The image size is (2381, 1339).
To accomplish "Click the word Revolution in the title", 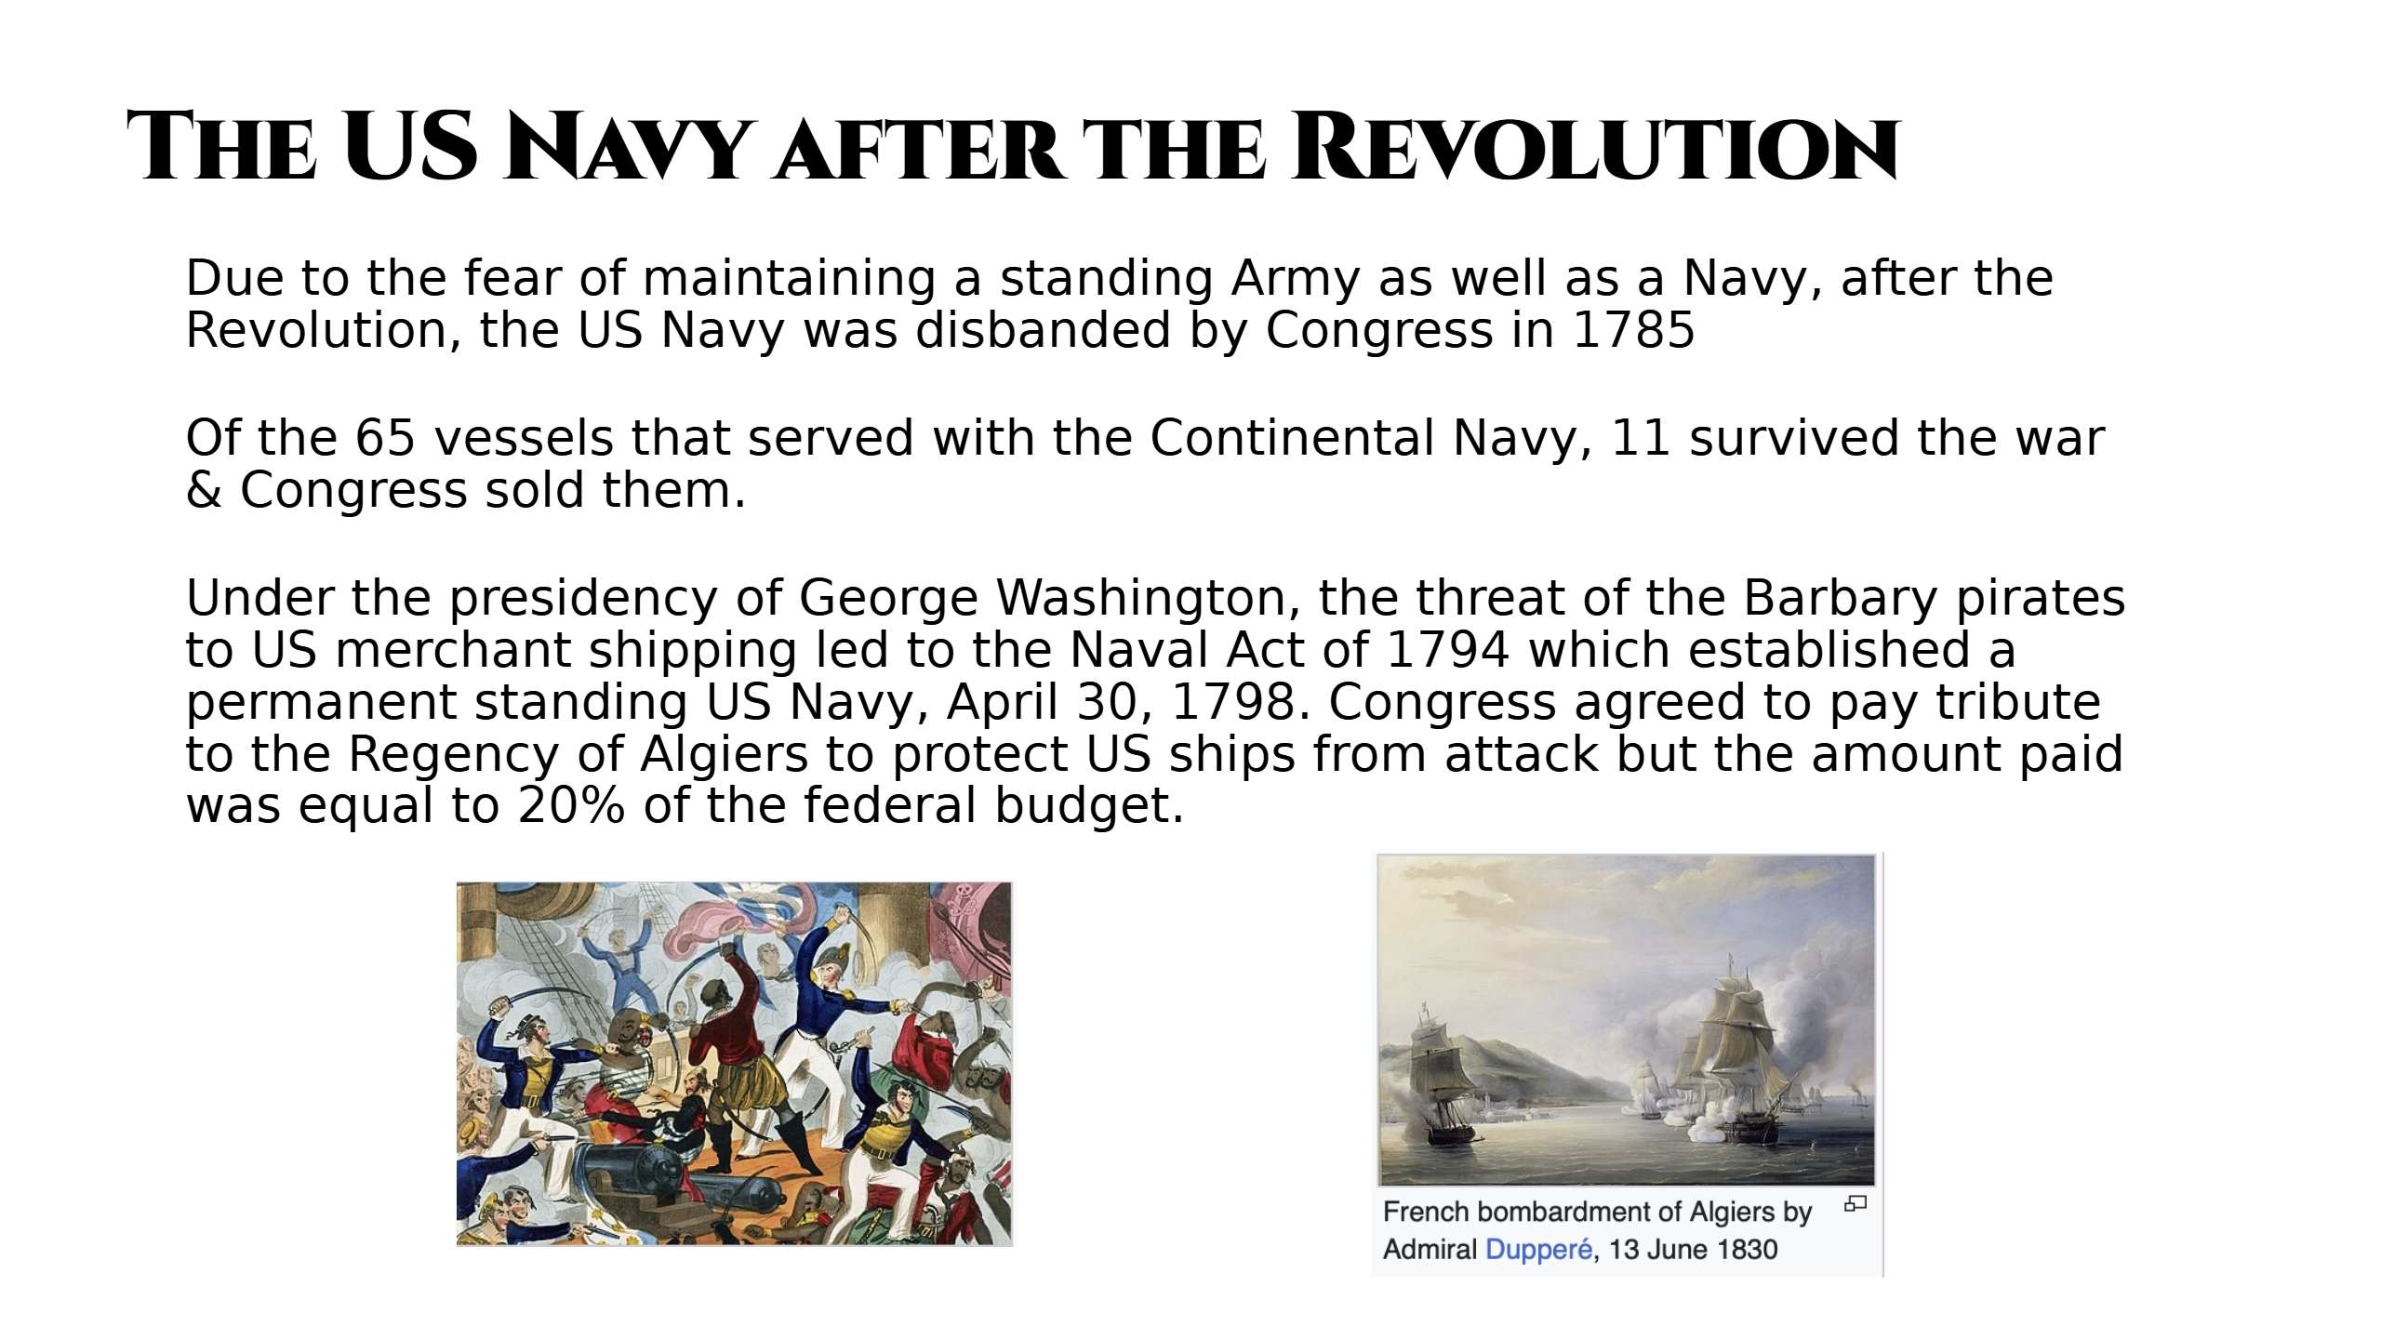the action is click(1595, 147).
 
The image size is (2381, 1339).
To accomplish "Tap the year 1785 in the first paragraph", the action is click(1633, 330).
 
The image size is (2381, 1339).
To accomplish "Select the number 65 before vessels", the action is click(384, 438).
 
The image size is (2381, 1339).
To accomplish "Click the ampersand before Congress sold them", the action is click(204, 490).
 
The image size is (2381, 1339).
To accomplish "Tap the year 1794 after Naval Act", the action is click(1447, 650).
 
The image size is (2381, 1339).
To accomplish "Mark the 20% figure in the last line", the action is click(572, 805).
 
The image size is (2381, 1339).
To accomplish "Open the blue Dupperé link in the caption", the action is click(1539, 1249).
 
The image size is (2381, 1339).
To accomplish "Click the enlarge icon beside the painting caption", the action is click(1855, 1204).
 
